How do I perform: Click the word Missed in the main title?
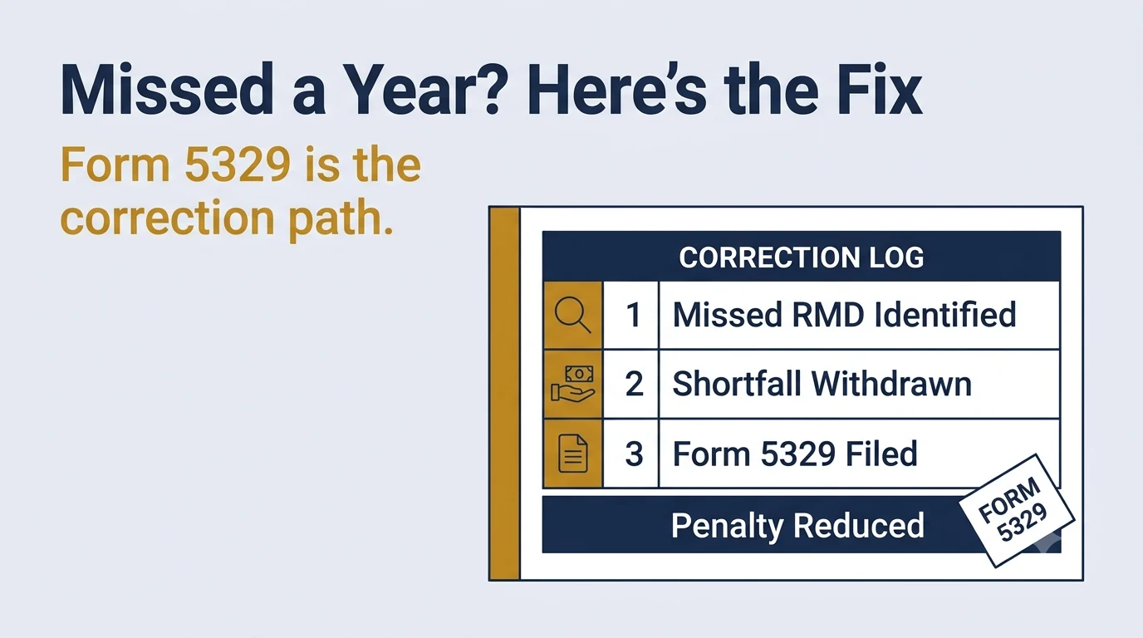click(x=167, y=90)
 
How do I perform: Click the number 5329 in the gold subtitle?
click(x=238, y=164)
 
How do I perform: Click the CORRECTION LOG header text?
click(x=801, y=258)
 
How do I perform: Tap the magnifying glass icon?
click(x=573, y=315)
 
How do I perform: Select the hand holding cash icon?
click(x=573, y=384)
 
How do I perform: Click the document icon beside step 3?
click(x=573, y=454)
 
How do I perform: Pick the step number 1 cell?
click(x=631, y=315)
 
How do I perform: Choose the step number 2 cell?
click(x=631, y=384)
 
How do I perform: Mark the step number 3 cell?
click(x=631, y=454)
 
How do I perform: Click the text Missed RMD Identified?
click(x=844, y=314)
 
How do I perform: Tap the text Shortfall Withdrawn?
click(x=822, y=384)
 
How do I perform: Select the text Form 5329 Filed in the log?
click(x=795, y=454)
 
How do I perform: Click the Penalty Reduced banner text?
click(x=797, y=525)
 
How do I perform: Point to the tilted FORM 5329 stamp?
click(x=1017, y=510)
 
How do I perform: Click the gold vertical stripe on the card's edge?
click(x=504, y=394)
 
